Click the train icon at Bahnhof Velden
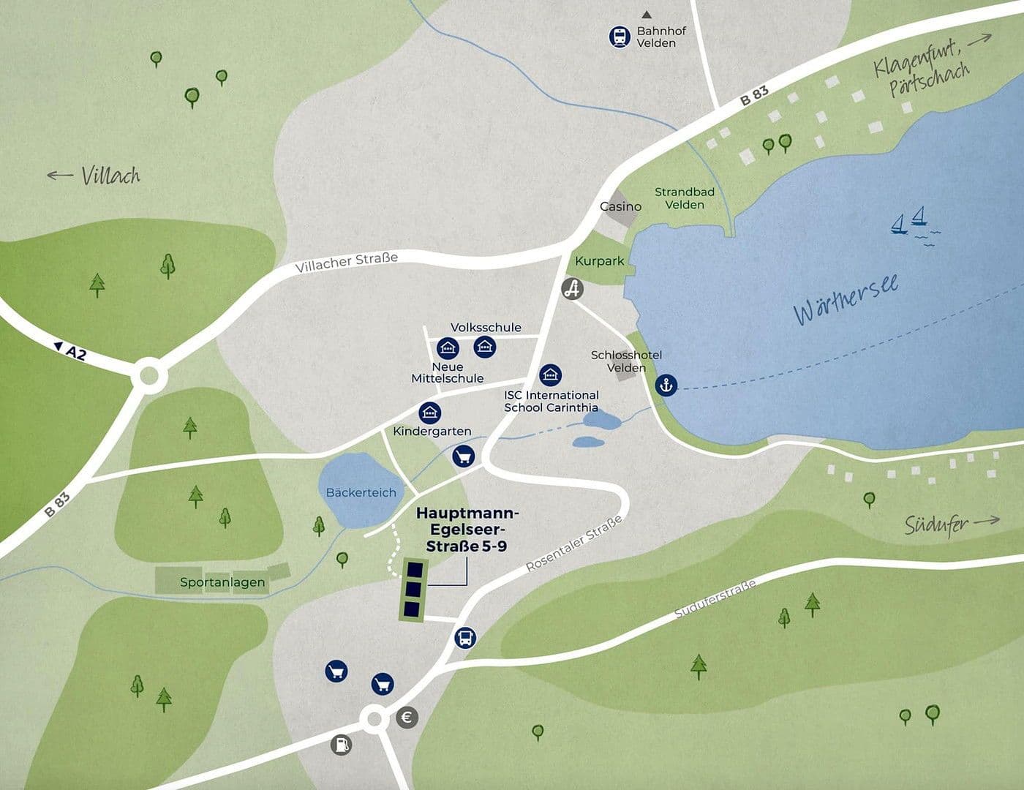coord(620,37)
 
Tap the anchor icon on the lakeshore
coord(666,384)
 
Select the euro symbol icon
coord(407,718)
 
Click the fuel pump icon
coord(341,745)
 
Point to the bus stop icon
coord(465,637)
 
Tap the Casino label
coord(620,206)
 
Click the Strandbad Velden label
coord(685,198)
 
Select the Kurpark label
coord(599,261)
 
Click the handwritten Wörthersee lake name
coord(846,300)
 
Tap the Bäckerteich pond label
coord(361,492)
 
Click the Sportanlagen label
coord(222,583)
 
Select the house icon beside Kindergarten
coord(430,413)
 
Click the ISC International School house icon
coord(550,375)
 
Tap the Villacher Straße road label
coord(347,263)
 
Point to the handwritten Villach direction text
coord(110,176)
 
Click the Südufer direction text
coord(936,524)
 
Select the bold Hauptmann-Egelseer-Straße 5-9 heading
coord(467,530)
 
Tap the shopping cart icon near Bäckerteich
coord(463,456)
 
